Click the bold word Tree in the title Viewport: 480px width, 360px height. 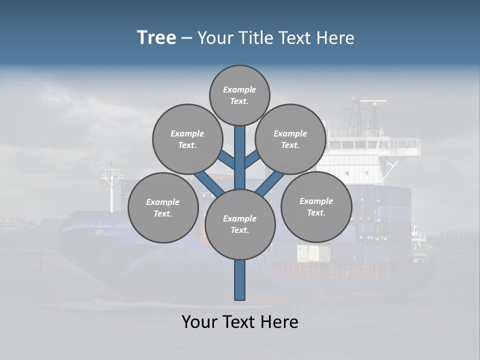point(156,37)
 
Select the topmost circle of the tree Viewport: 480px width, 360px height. point(239,95)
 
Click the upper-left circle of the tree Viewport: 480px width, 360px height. point(187,139)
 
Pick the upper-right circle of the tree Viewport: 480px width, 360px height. point(290,139)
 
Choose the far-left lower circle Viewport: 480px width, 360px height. point(162,207)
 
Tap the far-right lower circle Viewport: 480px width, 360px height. point(316,206)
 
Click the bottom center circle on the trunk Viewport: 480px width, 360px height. point(239,224)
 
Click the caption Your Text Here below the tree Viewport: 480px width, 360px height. point(239,321)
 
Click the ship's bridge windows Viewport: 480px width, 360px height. point(360,144)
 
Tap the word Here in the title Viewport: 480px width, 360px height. point(336,38)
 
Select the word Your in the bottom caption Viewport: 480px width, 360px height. point(199,321)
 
